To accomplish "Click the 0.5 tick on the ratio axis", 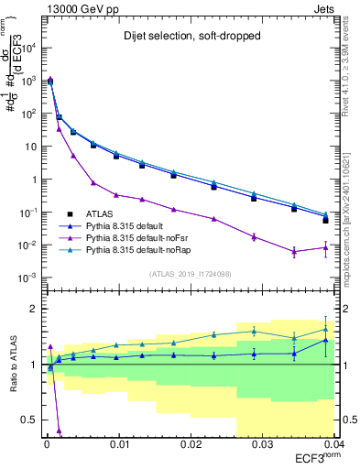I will pos(29,420).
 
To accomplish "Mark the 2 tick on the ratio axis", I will pos(33,310).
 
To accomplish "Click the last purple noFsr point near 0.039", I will pos(325,246).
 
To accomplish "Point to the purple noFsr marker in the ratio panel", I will pos(60,430).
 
